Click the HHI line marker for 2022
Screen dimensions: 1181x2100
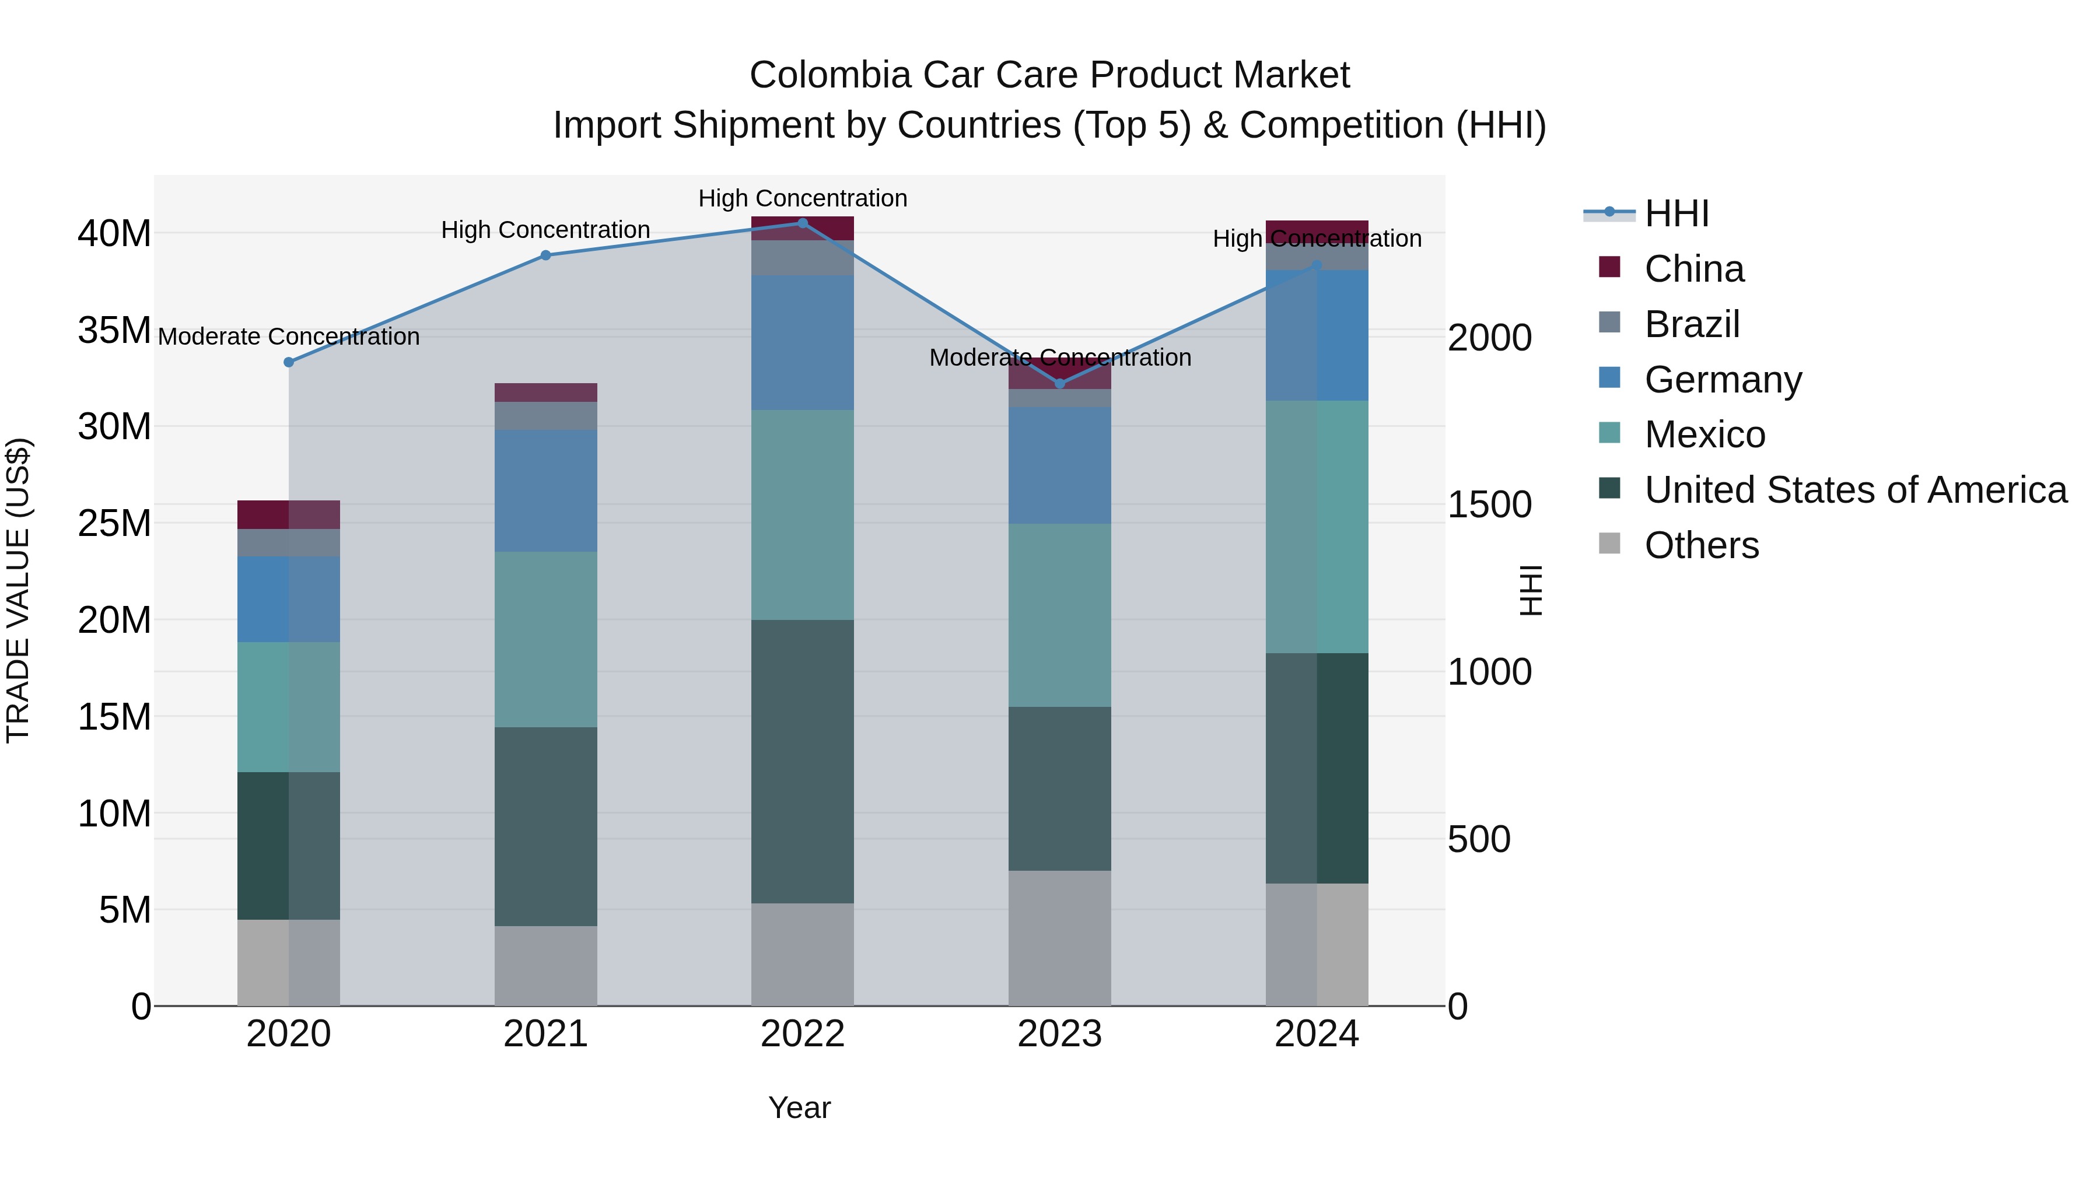click(x=802, y=223)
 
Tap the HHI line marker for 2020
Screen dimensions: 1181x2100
click(x=289, y=362)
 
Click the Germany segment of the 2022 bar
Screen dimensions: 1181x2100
click(x=802, y=342)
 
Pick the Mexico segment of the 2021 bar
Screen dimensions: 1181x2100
click(x=545, y=639)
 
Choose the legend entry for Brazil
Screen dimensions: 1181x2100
click(x=1692, y=324)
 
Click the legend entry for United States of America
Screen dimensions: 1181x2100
click(x=1854, y=490)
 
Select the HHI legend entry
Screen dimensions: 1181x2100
click(x=1675, y=213)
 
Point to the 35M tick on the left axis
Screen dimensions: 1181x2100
click(x=114, y=331)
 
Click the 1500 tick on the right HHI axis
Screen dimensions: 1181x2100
click(x=1489, y=504)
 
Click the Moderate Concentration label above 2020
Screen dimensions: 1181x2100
click(x=289, y=337)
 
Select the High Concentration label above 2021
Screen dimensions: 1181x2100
click(x=545, y=230)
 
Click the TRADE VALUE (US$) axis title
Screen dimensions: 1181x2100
click(x=18, y=590)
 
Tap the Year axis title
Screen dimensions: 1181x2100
click(x=799, y=1108)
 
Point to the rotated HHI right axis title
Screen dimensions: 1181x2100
click(x=1531, y=590)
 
